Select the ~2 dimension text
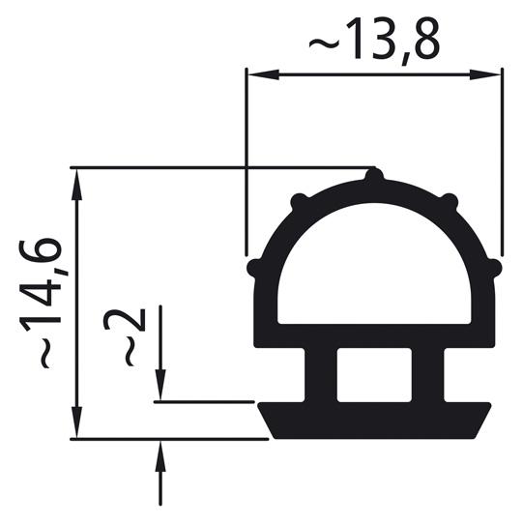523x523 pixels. [133, 336]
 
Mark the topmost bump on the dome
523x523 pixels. [374, 175]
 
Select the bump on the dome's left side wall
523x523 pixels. [253, 266]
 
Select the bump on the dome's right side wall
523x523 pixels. [495, 266]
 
